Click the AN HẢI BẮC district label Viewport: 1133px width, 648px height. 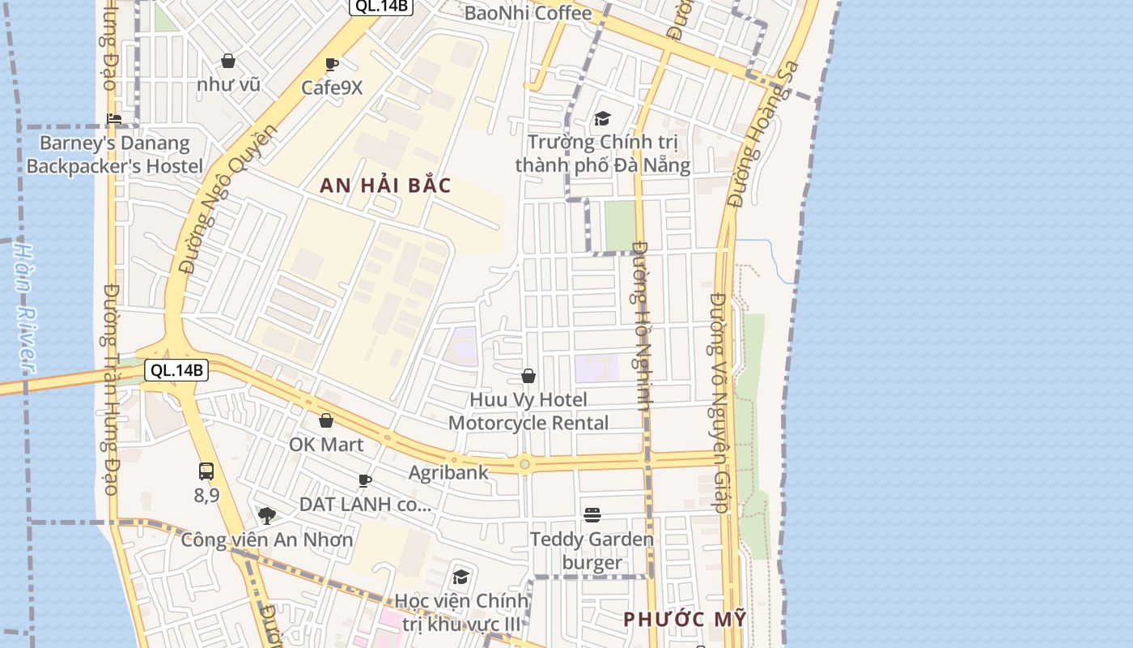385,185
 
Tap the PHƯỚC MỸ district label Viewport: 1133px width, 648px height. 685,620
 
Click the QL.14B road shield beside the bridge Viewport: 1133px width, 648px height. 176,371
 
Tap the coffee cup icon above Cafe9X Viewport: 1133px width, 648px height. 331,65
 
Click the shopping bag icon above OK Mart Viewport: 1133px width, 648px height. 326,420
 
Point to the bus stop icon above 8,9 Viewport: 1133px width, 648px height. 206,471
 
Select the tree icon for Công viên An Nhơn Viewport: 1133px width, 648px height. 266,515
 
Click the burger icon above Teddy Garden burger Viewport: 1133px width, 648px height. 592,515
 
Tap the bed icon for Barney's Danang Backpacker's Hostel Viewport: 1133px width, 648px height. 114,119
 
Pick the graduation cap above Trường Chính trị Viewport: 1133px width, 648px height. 602,119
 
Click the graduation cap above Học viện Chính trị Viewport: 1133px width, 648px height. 460,577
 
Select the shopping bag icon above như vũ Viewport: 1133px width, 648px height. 228,61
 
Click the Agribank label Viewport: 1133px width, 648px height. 448,472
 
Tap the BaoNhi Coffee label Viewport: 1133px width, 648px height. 528,13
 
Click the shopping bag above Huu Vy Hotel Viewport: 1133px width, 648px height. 528,376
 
